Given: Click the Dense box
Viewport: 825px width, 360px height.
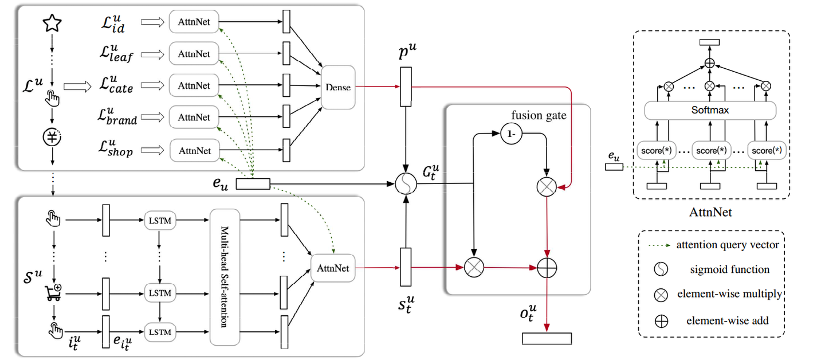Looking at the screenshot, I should coord(337,87).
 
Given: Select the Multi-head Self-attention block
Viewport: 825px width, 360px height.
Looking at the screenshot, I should coord(225,277).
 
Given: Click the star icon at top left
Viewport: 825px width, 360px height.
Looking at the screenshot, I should coord(52,23).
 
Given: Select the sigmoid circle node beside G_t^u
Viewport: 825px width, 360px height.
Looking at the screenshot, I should coord(406,185).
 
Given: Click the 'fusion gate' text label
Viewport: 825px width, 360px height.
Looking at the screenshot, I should coord(539,115).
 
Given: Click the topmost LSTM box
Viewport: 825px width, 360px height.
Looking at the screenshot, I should coord(160,220).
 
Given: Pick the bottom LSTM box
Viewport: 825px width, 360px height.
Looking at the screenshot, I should coord(160,331).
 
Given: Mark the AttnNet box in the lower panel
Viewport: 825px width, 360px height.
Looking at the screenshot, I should coord(332,267).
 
